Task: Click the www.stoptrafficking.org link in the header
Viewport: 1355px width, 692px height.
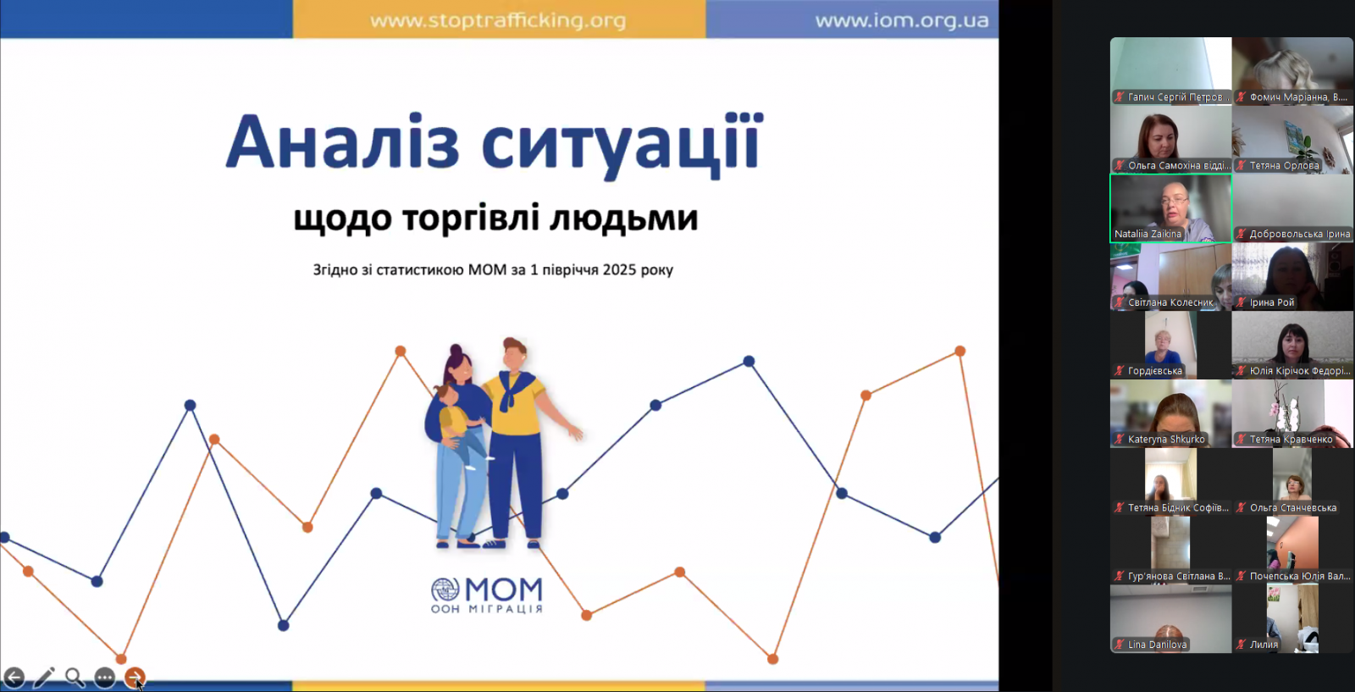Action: [498, 20]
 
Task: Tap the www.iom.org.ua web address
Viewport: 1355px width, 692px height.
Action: [901, 20]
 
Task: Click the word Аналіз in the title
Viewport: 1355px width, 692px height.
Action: [342, 143]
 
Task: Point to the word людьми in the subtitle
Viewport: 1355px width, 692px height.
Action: [623, 218]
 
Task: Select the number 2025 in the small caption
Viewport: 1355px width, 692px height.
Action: [619, 269]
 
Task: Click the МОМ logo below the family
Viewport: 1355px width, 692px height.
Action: [487, 595]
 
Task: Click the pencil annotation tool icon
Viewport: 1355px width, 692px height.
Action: [44, 677]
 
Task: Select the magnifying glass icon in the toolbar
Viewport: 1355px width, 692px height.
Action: [75, 677]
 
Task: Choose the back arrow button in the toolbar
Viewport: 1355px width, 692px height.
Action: [14, 677]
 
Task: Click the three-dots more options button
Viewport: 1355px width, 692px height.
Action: [105, 677]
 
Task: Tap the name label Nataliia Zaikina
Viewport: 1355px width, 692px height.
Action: [1148, 234]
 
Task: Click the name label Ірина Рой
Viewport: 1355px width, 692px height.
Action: [1271, 302]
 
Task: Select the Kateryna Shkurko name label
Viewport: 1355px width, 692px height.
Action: [1166, 439]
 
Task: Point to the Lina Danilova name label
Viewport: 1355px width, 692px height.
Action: [1157, 645]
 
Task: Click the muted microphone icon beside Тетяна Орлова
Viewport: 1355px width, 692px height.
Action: [1242, 165]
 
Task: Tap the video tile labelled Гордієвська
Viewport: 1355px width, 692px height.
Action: [1170, 345]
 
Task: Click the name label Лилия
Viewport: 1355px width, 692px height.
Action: [1264, 645]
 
